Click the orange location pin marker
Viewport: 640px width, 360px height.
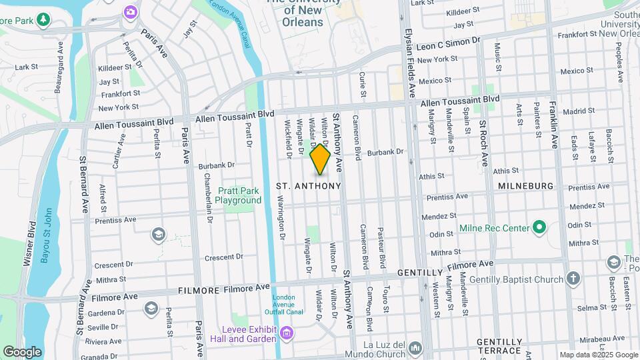pyautogui.click(x=320, y=160)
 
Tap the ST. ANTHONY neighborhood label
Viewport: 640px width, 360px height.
pyautogui.click(x=309, y=186)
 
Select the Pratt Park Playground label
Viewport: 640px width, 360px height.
pyautogui.click(x=242, y=195)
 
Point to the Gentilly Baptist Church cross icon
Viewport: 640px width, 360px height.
pyautogui.click(x=573, y=279)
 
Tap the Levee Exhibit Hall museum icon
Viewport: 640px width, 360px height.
pyautogui.click(x=286, y=333)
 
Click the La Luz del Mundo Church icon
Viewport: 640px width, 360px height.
pyautogui.click(x=415, y=348)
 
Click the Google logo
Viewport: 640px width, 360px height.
pyautogui.click(x=22, y=351)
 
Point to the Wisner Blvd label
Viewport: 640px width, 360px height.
pyautogui.click(x=29, y=241)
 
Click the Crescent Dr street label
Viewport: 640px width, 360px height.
pyautogui.click(x=223, y=257)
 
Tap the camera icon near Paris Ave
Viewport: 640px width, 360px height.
pyautogui.click(x=130, y=11)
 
